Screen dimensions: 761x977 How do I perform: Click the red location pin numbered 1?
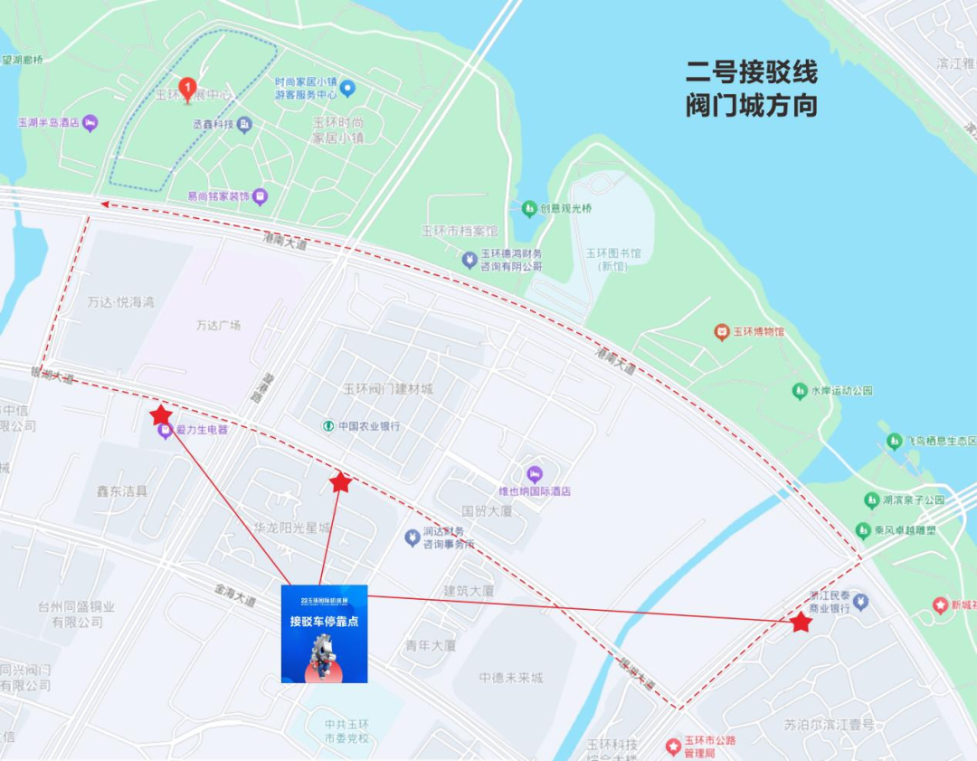188,88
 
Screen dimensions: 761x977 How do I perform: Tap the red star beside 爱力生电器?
161,414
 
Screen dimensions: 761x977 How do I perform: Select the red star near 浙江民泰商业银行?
801,622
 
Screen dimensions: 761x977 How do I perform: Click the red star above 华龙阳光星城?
340,482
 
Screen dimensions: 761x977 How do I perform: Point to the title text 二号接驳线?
751,71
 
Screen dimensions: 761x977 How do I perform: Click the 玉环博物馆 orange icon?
721,332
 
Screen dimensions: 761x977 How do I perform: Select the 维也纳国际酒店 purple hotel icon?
534,474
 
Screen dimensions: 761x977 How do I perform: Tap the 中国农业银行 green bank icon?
329,425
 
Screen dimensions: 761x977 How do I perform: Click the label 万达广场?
218,325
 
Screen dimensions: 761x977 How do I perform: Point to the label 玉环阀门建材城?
387,389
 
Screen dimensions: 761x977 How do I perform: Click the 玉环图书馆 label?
619,254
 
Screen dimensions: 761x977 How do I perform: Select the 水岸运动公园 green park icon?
799,391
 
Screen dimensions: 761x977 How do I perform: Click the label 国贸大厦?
487,511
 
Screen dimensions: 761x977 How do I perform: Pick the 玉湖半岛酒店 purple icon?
89,123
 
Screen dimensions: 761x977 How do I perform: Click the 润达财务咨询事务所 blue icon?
412,537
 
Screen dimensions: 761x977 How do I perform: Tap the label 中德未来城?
511,678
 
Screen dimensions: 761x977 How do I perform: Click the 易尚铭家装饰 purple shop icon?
260,195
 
